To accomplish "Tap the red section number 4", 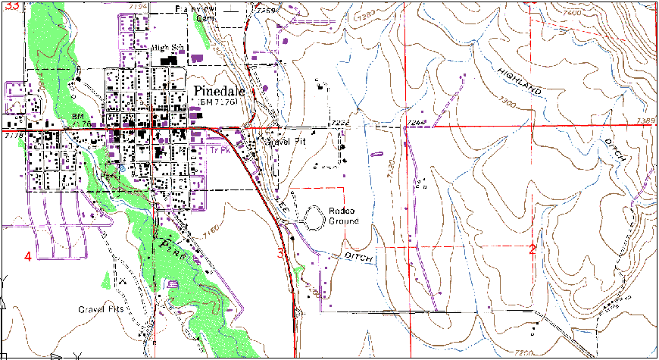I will click(28, 257).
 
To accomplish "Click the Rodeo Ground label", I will click(344, 216).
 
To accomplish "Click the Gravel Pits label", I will click(104, 310).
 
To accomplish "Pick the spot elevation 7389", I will click(646, 121).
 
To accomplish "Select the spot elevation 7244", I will click(417, 121).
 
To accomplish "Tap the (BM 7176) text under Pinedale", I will click(218, 102).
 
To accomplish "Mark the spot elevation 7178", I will click(13, 137).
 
